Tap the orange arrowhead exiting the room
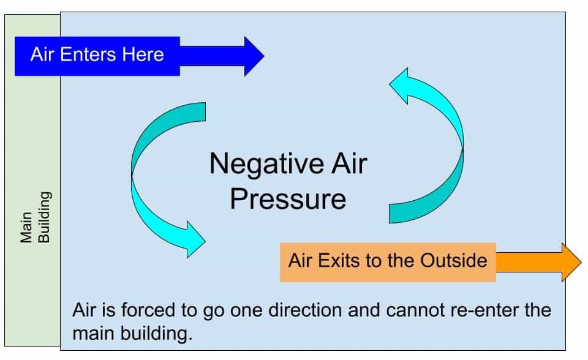[x=570, y=261]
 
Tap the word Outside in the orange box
[x=454, y=261]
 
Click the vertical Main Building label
[x=36, y=218]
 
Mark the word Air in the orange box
[x=300, y=261]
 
